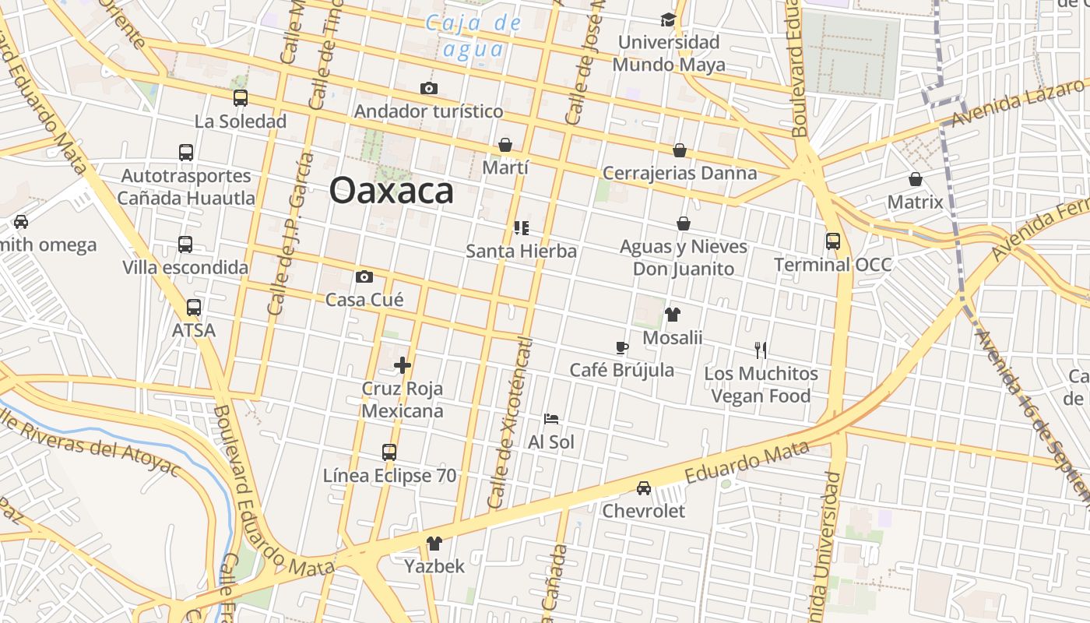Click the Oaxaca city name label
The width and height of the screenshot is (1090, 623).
(x=391, y=191)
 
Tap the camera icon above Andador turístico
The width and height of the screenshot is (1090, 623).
(x=428, y=89)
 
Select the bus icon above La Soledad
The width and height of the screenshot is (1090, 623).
(x=241, y=98)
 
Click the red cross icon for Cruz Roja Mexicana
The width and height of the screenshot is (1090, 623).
(x=403, y=364)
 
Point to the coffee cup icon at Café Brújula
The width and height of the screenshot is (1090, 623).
(x=621, y=347)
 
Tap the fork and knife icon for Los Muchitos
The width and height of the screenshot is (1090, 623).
(x=761, y=350)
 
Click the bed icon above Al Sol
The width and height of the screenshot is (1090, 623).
(x=551, y=419)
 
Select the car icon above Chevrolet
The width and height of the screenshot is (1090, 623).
(x=644, y=488)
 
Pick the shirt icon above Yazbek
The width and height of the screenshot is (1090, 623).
(x=434, y=544)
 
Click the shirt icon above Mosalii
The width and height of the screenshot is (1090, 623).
(x=673, y=315)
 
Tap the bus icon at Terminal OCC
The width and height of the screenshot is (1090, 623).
(x=833, y=241)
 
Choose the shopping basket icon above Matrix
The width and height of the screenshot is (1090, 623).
(x=916, y=180)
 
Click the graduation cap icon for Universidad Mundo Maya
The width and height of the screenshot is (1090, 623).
(x=668, y=19)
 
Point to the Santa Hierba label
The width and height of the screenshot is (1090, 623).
(x=521, y=251)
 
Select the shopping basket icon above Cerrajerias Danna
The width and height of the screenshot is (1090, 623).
(x=680, y=150)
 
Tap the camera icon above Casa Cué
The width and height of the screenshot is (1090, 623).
(x=364, y=277)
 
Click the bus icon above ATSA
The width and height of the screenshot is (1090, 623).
(x=194, y=308)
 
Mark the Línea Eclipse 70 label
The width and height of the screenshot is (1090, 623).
(x=390, y=475)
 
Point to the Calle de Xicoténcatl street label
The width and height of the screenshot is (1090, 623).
(x=509, y=425)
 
